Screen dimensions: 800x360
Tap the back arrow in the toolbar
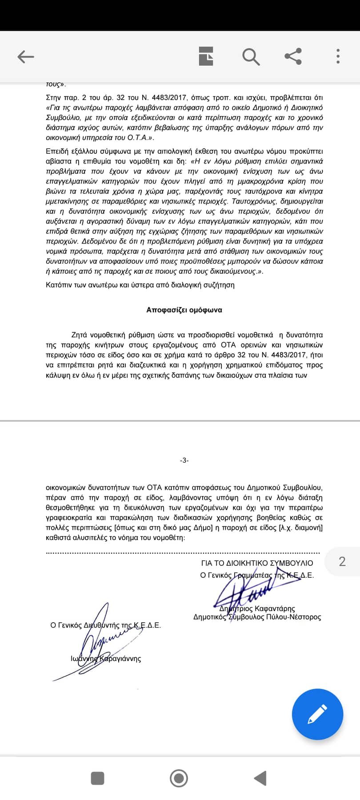[26, 56]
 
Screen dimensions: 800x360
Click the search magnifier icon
[251, 56]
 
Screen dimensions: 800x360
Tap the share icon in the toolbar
[293, 56]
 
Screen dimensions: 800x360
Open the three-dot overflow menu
[338, 56]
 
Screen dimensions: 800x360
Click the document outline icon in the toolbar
[206, 56]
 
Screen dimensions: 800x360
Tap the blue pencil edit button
[317, 714]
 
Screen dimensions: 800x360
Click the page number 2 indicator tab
[342, 562]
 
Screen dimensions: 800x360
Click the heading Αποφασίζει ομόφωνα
[184, 310]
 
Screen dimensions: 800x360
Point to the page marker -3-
[184, 460]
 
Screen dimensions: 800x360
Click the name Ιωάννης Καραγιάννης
[106, 658]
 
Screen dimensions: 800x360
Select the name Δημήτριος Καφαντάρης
[257, 608]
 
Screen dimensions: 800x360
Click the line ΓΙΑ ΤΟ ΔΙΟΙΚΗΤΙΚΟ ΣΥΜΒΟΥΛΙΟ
[257, 563]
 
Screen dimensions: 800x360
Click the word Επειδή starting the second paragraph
[56, 151]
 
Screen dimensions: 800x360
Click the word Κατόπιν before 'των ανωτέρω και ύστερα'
[59, 285]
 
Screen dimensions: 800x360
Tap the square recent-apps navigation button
[97, 778]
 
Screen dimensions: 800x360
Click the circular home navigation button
[179, 778]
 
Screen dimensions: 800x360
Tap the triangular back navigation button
[260, 778]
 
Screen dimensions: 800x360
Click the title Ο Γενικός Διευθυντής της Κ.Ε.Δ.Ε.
[105, 625]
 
